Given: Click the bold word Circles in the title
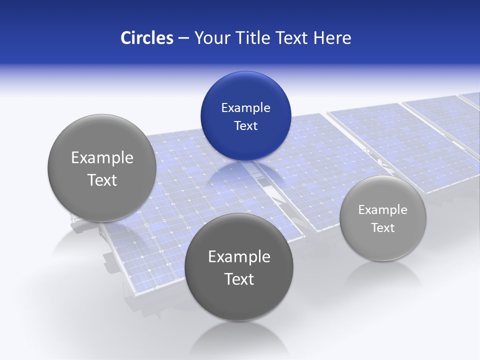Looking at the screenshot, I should pos(147,38).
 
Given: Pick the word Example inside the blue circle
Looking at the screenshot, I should pos(245,107).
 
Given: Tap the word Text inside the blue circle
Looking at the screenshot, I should pos(245,125).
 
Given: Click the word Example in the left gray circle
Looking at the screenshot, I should pos(102,158).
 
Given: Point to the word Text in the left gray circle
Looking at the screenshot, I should pos(102,180).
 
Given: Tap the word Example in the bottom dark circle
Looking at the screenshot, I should pos(239,257).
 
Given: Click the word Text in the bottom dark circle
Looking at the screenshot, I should pos(239,279).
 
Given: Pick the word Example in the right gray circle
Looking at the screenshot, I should pos(383,210).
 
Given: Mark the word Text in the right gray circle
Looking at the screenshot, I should pos(383,228).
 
